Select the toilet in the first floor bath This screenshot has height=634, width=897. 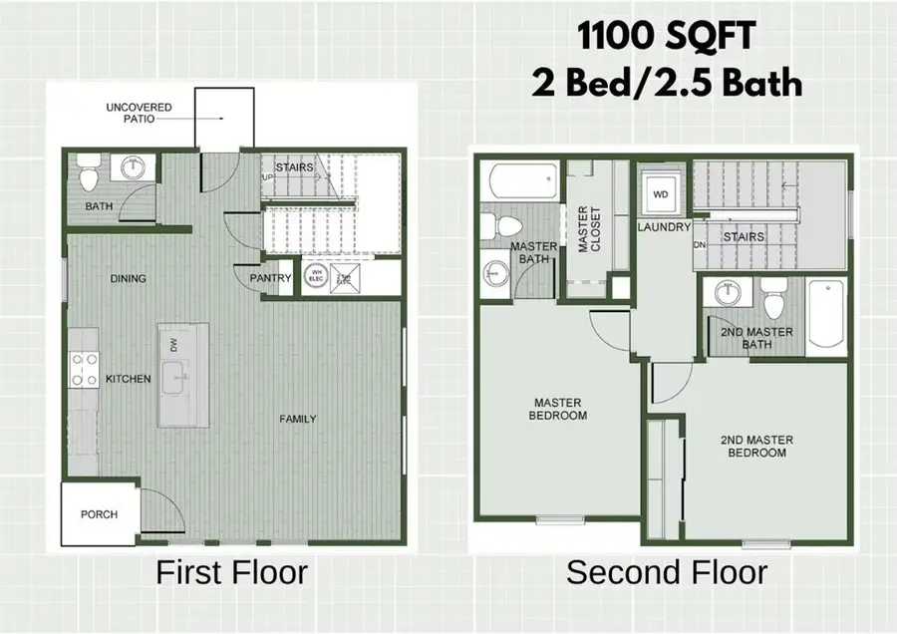point(88,175)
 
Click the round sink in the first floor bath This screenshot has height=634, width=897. point(132,168)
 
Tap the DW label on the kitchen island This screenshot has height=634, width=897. point(172,344)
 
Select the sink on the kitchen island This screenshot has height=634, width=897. point(177,377)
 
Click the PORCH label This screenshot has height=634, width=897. point(99,514)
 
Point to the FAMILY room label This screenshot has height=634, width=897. point(297,419)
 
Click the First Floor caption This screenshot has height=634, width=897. point(231,573)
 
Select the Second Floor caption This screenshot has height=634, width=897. point(667,573)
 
